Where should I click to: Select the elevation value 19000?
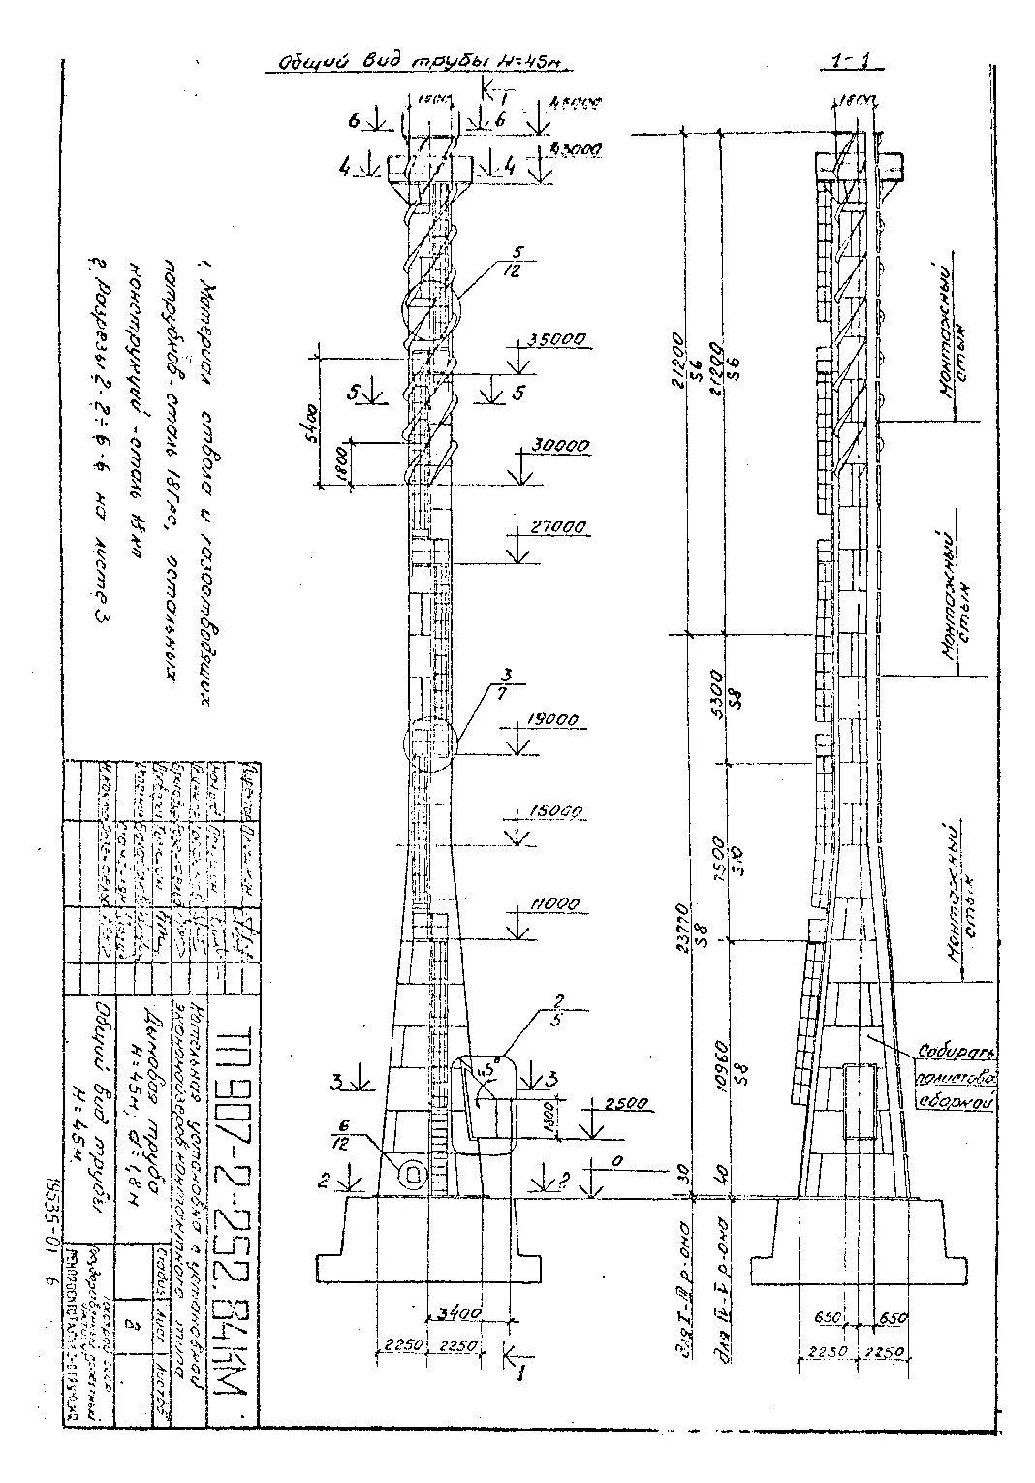click(x=553, y=721)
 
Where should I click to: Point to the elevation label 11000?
click(x=554, y=903)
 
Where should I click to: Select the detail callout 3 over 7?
click(x=505, y=679)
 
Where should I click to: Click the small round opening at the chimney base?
click(x=413, y=1175)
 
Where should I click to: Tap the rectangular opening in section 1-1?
click(x=860, y=1101)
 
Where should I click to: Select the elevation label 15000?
click(x=555, y=810)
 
